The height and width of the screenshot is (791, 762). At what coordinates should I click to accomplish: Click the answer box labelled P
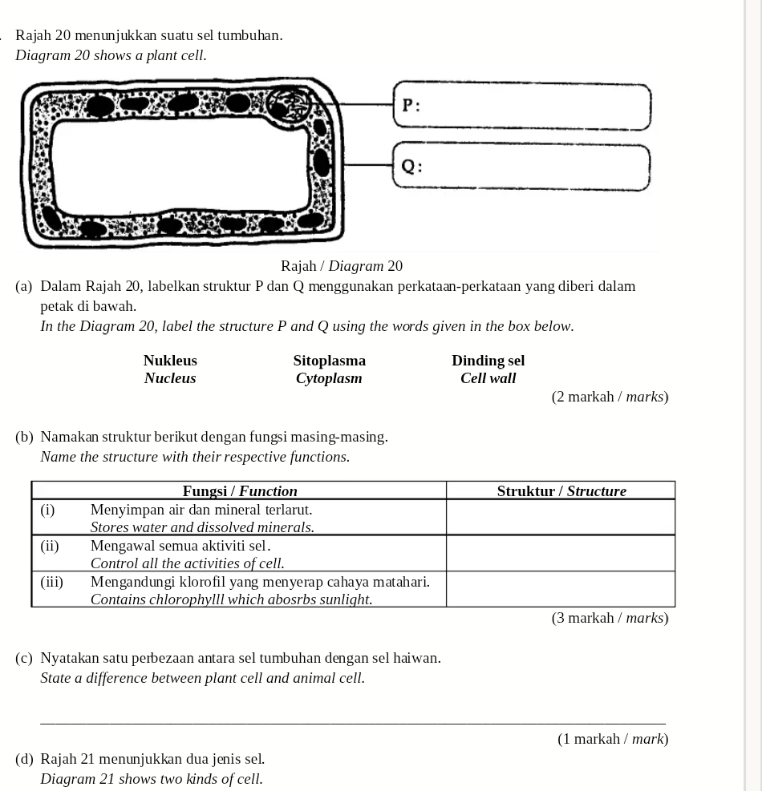click(521, 107)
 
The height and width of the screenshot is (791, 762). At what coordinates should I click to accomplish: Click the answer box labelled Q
click(521, 167)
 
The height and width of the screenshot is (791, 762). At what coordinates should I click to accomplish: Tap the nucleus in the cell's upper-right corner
click(287, 104)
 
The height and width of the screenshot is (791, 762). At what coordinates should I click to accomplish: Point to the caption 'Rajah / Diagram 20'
click(342, 266)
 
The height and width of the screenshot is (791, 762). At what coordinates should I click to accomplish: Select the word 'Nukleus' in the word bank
click(170, 361)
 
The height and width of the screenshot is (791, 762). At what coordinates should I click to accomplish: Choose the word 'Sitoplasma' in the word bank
click(329, 361)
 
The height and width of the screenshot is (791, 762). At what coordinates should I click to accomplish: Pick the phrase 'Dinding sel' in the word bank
click(488, 361)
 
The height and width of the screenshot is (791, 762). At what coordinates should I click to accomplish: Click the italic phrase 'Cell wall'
click(488, 378)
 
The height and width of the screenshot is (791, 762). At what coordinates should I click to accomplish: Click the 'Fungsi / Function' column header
click(240, 490)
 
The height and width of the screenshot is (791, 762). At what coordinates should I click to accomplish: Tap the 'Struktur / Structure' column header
click(561, 490)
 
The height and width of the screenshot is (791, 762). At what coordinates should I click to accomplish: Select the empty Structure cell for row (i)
click(561, 518)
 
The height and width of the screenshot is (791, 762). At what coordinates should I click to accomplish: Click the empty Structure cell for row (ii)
click(561, 553)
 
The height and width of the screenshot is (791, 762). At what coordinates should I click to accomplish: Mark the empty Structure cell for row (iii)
click(561, 589)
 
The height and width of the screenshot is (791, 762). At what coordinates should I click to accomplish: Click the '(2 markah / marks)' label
click(610, 397)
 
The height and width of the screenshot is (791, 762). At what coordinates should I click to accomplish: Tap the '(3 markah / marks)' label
click(610, 618)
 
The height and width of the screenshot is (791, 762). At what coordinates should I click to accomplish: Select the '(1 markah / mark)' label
click(613, 739)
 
